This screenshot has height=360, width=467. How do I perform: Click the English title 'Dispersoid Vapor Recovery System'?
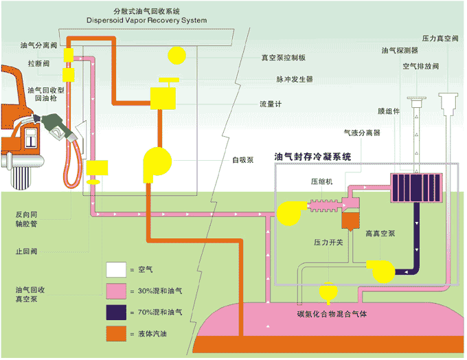click(146, 21)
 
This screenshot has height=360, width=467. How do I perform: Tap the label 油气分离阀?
click(36, 45)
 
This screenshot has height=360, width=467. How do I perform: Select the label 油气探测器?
click(400, 50)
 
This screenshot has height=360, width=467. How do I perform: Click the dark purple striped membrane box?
click(414, 188)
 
